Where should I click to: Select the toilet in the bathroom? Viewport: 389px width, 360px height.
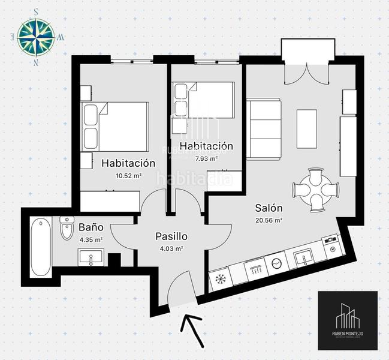(x=66, y=229)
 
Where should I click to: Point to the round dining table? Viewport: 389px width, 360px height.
(x=315, y=190)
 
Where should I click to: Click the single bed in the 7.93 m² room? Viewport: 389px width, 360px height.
(x=204, y=100)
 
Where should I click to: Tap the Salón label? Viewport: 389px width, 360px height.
(x=269, y=208)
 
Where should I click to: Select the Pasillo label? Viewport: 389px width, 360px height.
(x=171, y=236)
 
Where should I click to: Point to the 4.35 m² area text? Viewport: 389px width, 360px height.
(x=91, y=239)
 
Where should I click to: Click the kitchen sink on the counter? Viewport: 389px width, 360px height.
(x=304, y=258)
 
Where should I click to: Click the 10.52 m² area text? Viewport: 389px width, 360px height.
(x=128, y=175)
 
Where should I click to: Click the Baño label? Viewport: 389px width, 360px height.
(x=91, y=227)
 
